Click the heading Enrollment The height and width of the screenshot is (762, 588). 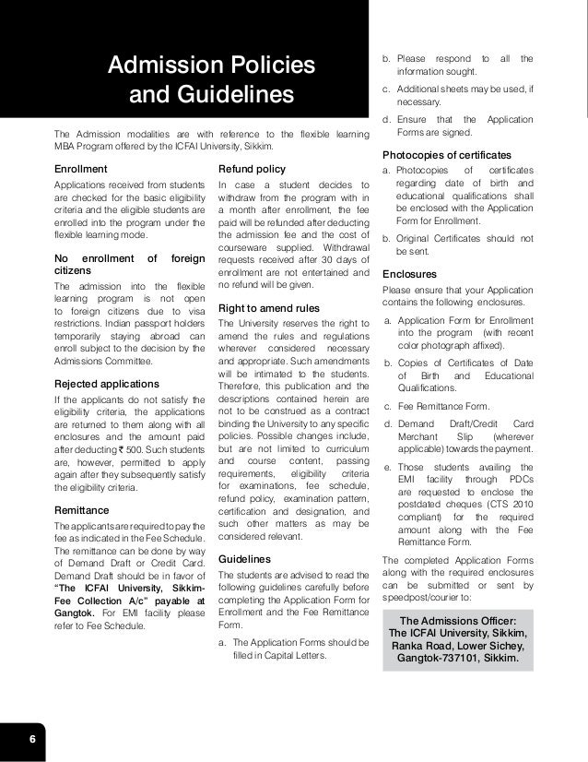click(x=81, y=169)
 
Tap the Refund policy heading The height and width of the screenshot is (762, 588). click(x=252, y=169)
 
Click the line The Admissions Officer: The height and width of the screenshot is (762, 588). click(x=457, y=619)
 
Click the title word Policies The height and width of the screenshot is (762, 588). click(x=267, y=66)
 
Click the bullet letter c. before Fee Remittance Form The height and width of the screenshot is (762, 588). click(x=388, y=407)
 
